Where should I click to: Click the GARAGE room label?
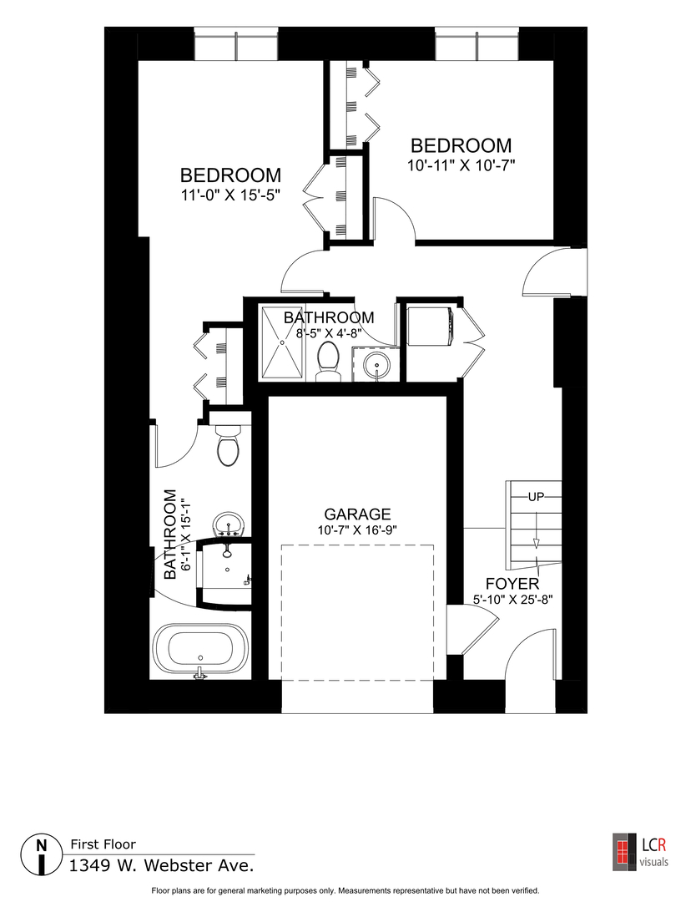click(x=358, y=514)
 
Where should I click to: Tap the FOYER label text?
click(x=512, y=584)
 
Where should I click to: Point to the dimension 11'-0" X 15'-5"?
click(x=230, y=196)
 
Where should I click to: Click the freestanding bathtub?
click(x=199, y=649)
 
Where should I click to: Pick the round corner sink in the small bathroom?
click(x=376, y=366)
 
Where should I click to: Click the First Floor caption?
click(x=103, y=844)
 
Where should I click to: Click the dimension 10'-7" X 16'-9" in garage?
click(x=358, y=530)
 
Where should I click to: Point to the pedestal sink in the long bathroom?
click(x=227, y=524)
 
